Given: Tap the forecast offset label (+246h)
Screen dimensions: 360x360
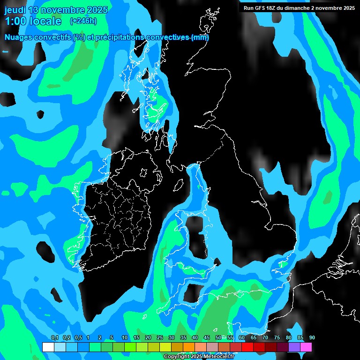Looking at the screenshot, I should click(83, 21).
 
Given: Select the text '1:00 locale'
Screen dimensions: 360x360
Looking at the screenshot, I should click(33, 21).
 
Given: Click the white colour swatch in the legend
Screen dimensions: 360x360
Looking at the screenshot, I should click(48, 347).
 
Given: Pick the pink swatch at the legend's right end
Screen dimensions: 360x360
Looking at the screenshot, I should click(306, 347).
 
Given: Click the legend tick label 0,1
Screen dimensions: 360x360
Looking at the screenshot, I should click(54, 338).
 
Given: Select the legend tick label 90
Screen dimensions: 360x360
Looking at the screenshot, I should click(312, 338).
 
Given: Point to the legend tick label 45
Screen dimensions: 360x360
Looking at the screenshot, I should click(207, 338).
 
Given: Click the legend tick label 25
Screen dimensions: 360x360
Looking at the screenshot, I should click(160, 338).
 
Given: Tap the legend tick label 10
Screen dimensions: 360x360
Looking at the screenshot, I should click(125, 338).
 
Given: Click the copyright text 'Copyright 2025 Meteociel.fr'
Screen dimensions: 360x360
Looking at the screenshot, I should click(199, 357).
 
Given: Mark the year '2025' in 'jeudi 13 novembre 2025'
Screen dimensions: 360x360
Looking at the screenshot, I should click(97, 10).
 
